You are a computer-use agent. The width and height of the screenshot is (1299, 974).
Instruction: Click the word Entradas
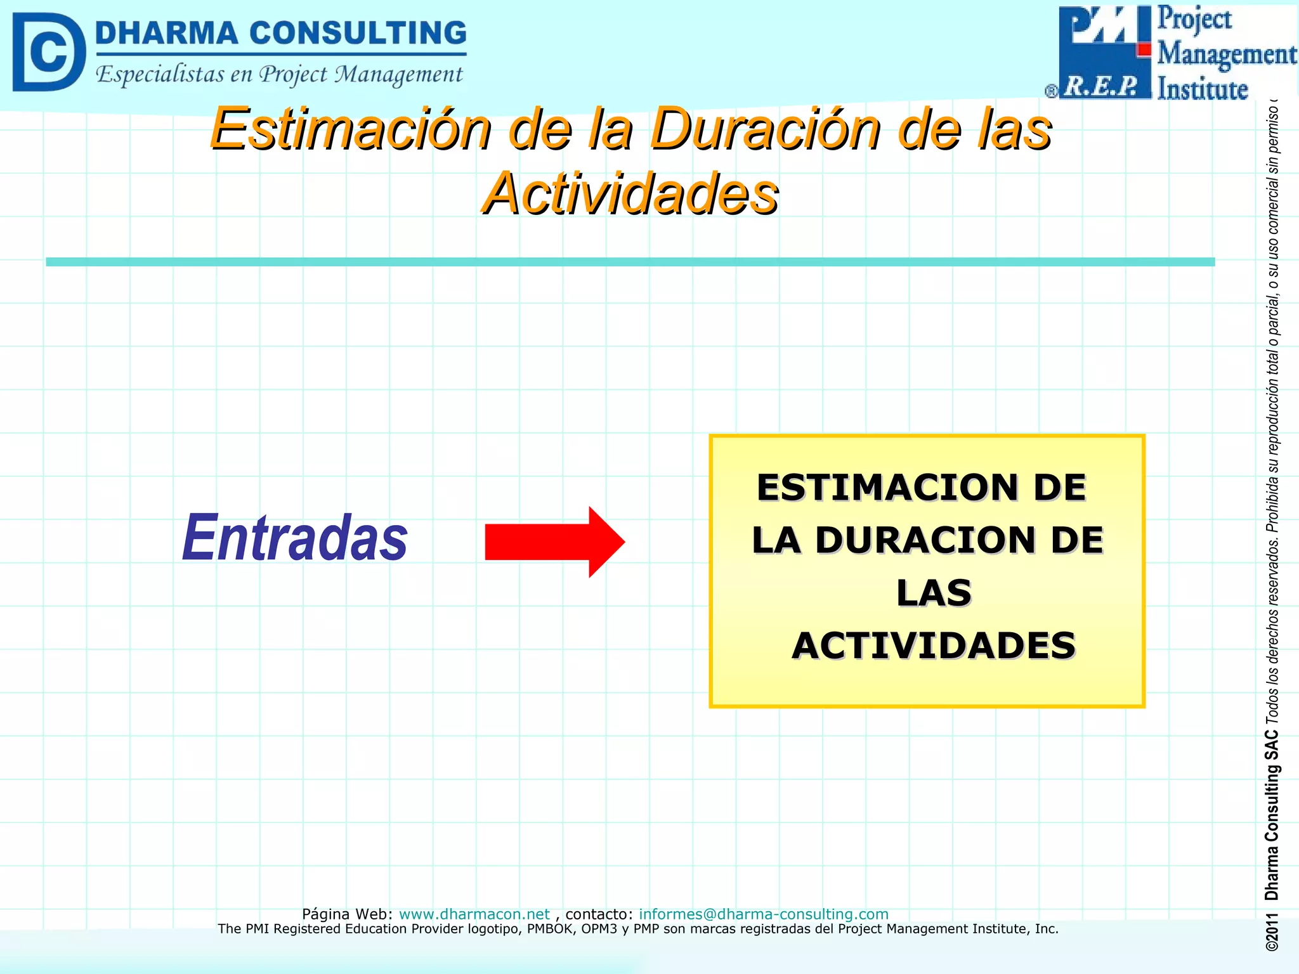tap(295, 538)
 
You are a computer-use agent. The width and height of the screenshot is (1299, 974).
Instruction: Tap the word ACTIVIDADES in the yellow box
tap(934, 646)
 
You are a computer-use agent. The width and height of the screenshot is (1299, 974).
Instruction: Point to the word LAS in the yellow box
tap(934, 594)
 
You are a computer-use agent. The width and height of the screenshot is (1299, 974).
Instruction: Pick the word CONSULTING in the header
tap(358, 33)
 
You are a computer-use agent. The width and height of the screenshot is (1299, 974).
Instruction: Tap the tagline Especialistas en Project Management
tap(279, 75)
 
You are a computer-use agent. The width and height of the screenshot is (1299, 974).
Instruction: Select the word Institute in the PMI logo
tap(1202, 89)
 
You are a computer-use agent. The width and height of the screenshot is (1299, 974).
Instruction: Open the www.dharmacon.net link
tap(474, 914)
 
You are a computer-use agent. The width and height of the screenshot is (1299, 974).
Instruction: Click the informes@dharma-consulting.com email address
tap(763, 914)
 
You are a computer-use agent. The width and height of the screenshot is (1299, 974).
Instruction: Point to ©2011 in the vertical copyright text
tap(1272, 933)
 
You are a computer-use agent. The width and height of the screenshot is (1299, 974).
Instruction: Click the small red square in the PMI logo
tap(1144, 49)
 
